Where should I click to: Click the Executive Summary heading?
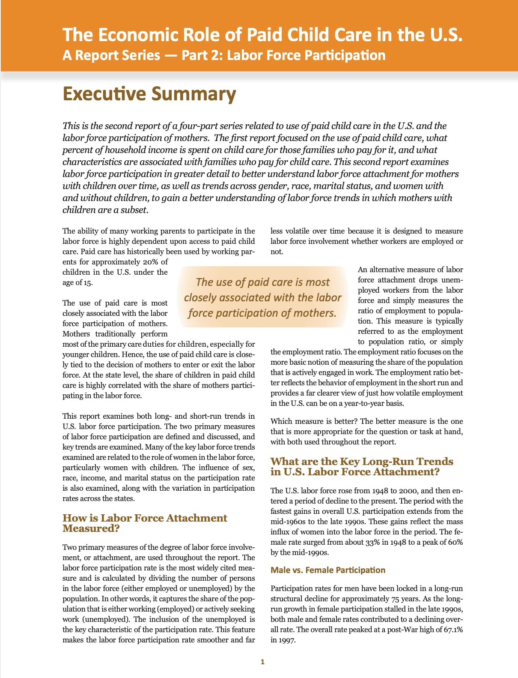pos(149,94)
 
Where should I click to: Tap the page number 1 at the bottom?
pos(262,662)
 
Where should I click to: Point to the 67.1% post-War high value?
pos(453,630)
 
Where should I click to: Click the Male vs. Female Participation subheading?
pos(327,570)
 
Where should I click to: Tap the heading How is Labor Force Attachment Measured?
pos(145,523)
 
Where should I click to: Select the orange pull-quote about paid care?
pos(262,297)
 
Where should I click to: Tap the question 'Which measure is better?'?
pos(314,421)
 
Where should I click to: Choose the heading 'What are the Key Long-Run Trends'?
pos(361,462)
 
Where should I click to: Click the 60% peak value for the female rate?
pos(455,542)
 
